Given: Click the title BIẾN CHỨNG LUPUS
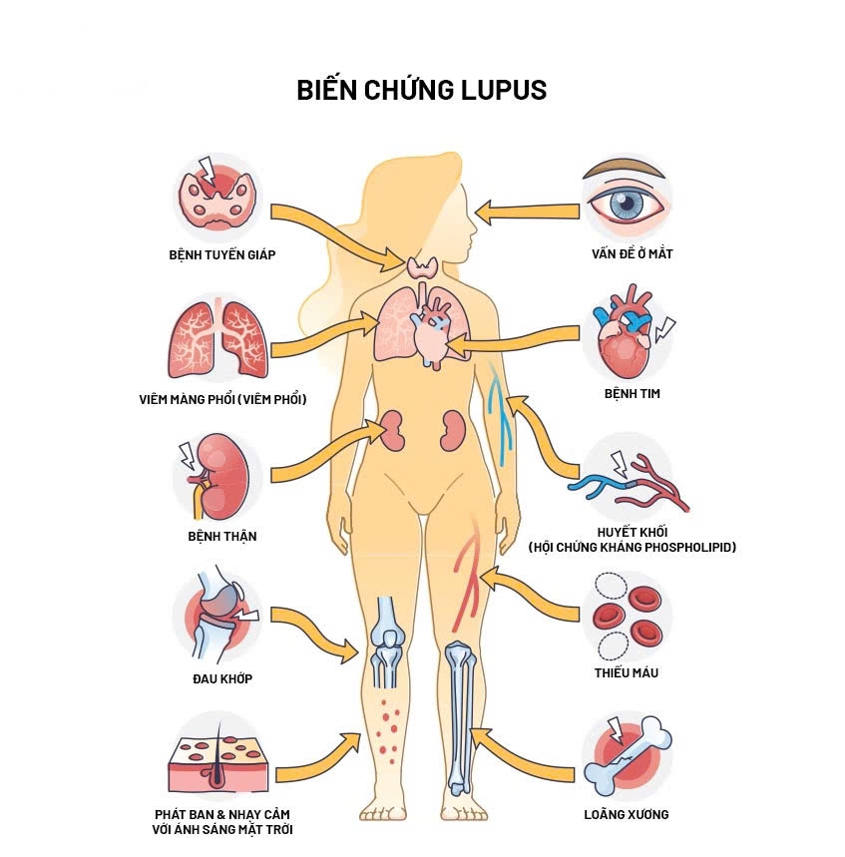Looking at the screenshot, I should (421, 90).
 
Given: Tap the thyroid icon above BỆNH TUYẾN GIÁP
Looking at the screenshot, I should (219, 194).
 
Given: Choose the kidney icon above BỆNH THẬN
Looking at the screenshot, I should (219, 477).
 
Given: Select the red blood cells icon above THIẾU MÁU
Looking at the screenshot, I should (627, 617).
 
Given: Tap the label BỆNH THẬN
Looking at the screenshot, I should (222, 536).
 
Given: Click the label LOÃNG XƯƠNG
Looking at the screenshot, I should (627, 814).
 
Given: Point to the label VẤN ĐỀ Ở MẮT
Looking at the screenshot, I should (632, 253).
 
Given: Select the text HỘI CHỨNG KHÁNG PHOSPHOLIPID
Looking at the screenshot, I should (633, 547).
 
